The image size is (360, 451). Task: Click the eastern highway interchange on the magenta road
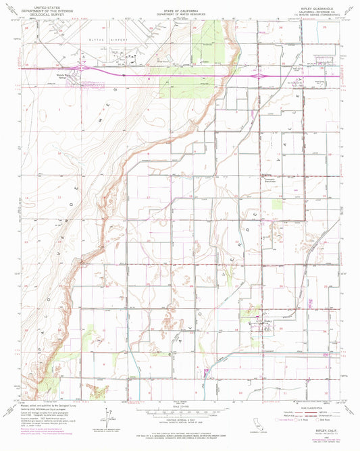coord(260,76)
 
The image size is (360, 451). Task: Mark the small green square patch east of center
coord(277,205)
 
